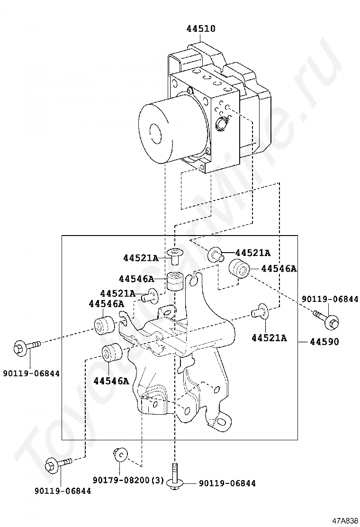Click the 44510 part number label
click(x=200, y=29)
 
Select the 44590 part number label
click(x=324, y=341)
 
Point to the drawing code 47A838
click(x=345, y=520)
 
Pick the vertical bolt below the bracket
click(x=176, y=476)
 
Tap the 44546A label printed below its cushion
click(x=111, y=380)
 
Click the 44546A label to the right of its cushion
click(x=279, y=269)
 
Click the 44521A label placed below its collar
click(x=269, y=337)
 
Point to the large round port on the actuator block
click(x=222, y=125)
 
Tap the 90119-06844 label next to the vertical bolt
click(x=227, y=483)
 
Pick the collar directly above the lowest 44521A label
click(x=259, y=311)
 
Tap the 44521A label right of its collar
click(x=252, y=253)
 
